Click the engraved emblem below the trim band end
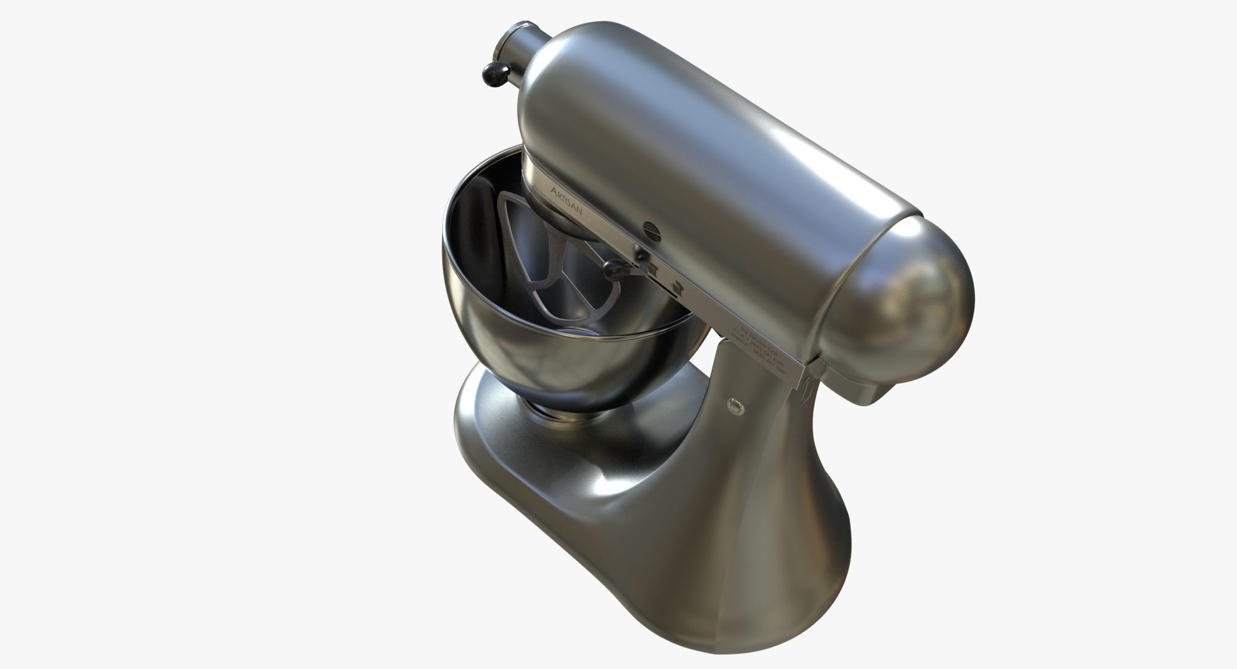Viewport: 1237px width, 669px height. click(809, 394)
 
